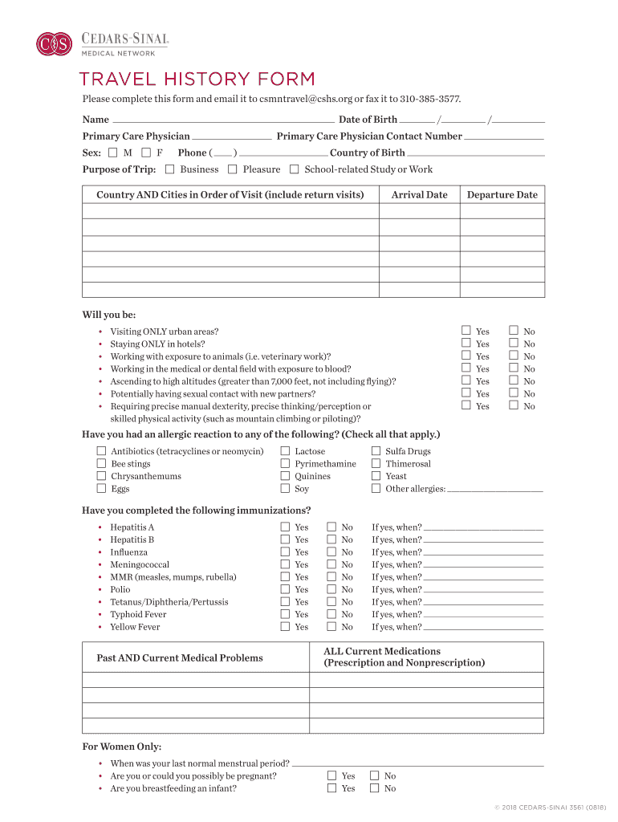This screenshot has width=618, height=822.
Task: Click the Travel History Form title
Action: (x=197, y=79)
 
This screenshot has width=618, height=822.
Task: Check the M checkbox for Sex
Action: (x=112, y=153)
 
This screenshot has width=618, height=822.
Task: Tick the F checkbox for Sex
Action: (x=146, y=153)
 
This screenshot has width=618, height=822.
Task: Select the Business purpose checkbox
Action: (x=169, y=169)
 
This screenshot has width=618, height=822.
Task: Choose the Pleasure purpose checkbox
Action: (x=233, y=169)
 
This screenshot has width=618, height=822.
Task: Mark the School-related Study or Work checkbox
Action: (x=295, y=169)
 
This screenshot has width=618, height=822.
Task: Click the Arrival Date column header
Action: (x=419, y=195)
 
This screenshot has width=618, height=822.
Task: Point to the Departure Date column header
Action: (x=502, y=195)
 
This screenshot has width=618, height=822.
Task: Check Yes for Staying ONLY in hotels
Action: (x=466, y=343)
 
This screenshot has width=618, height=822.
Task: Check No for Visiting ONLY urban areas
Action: (x=514, y=331)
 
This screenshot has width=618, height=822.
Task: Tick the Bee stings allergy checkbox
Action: (x=102, y=463)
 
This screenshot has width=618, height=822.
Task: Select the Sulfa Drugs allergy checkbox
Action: (x=376, y=451)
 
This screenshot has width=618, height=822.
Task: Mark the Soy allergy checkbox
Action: (x=285, y=488)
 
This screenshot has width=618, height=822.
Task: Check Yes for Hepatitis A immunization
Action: (x=285, y=527)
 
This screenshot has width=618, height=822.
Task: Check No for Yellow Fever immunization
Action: (x=331, y=626)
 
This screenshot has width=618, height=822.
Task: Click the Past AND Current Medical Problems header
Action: (x=180, y=658)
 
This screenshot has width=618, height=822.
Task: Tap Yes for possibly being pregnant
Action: (x=332, y=775)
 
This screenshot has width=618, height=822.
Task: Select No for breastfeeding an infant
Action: (x=374, y=787)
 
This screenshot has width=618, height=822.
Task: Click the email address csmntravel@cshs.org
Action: (x=306, y=99)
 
